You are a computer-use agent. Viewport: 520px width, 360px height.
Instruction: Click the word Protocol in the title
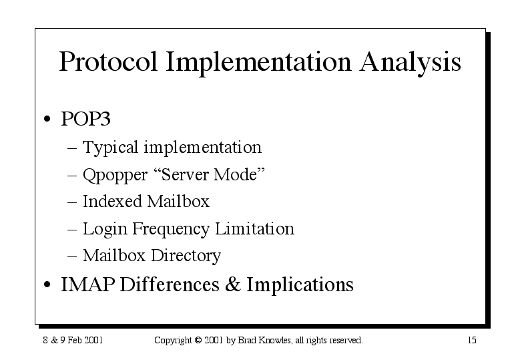(108, 61)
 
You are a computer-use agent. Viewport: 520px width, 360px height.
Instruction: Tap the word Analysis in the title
(411, 62)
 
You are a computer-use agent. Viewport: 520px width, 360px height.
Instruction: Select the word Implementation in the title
(258, 62)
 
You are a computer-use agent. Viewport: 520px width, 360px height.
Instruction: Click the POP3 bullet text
(85, 118)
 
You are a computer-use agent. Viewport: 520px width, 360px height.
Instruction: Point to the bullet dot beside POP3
(47, 119)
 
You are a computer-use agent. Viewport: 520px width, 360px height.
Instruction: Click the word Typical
(110, 148)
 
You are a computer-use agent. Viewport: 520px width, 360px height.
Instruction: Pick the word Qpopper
(115, 175)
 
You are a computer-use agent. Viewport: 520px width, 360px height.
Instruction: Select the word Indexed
(112, 201)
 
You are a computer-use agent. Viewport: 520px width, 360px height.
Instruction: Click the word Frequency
(171, 229)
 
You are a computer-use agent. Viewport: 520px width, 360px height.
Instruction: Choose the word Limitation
(255, 228)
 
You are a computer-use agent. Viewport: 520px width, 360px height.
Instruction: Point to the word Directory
(186, 256)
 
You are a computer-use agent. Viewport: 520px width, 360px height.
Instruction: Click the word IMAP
(88, 285)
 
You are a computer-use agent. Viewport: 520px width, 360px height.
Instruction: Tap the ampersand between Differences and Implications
(233, 284)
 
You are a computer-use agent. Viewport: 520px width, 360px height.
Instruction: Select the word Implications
(300, 285)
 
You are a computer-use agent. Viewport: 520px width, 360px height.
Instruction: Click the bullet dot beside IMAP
(47, 285)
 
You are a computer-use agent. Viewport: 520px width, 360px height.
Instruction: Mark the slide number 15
(472, 340)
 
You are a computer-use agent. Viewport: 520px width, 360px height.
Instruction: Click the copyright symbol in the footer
(198, 340)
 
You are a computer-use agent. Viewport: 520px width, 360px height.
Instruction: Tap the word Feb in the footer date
(75, 340)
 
